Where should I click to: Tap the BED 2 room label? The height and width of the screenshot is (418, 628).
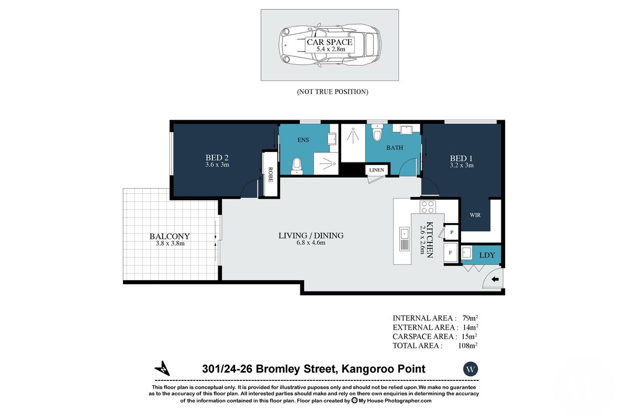[217, 157]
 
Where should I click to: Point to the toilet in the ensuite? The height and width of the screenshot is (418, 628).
[297, 165]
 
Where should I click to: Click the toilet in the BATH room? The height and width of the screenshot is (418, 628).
[376, 133]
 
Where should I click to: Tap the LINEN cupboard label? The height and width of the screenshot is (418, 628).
[376, 170]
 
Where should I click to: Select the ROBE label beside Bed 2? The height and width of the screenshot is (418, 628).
[271, 173]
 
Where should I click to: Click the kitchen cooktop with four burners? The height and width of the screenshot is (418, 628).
[428, 207]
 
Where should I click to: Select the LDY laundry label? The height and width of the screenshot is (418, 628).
[487, 254]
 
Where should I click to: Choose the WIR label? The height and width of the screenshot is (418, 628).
[475, 215]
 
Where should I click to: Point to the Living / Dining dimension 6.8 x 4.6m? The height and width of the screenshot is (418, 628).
[311, 243]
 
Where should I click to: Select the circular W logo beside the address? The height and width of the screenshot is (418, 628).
[470, 369]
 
